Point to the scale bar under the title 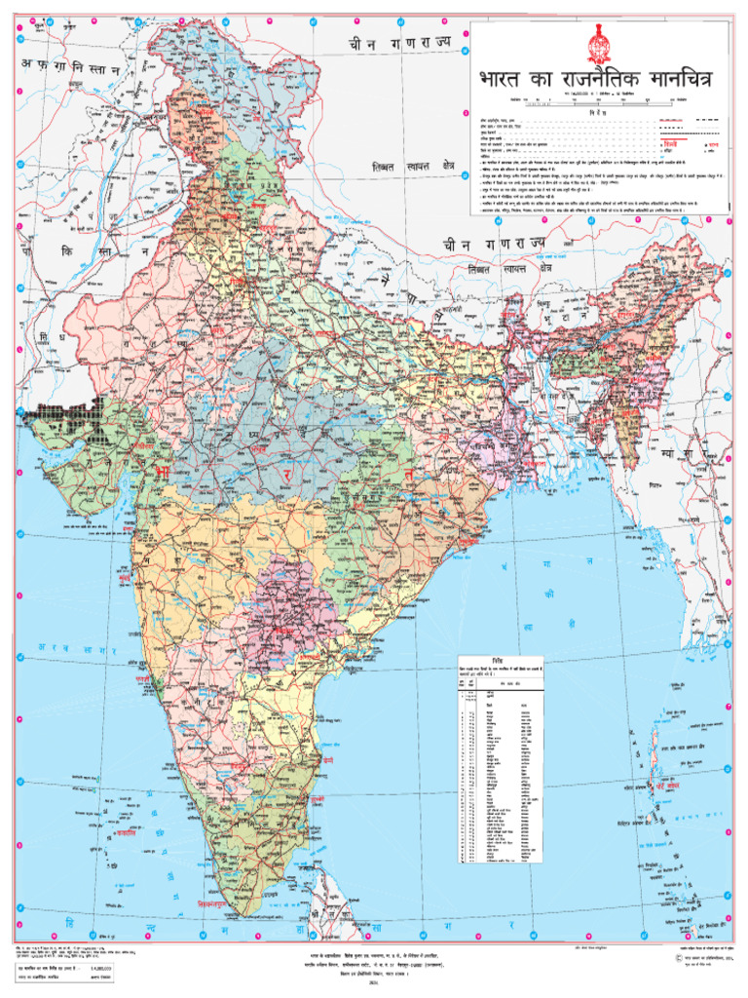(599, 100)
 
